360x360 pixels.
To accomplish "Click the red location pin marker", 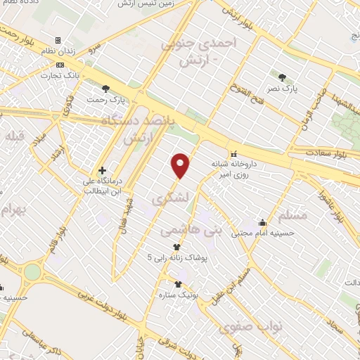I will click(181, 165).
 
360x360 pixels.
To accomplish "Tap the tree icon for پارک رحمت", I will click(105, 89).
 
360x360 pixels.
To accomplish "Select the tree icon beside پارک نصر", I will click(283, 77).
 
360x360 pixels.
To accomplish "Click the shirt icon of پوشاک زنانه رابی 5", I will click(176, 247).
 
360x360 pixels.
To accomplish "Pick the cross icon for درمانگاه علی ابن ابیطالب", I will click(103, 170).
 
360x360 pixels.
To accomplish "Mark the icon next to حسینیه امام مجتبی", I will click(262, 222).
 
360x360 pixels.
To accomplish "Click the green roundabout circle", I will click(32, 271).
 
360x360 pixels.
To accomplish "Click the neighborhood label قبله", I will click(16, 135).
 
